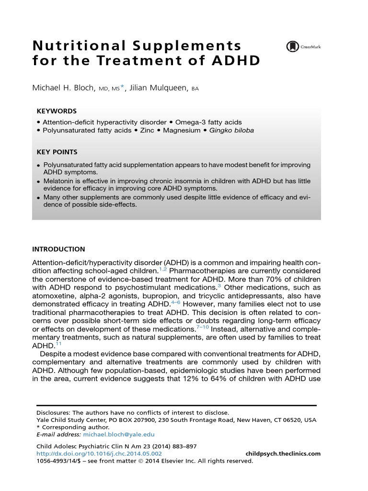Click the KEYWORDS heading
pyautogui.click(x=57, y=111)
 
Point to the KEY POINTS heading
pyautogui.click(x=57, y=152)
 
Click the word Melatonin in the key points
pyautogui.click(x=60, y=181)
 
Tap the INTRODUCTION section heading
pyautogui.click(x=58, y=249)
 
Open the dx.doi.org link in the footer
pyautogui.click(x=99, y=454)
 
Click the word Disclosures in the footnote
pyautogui.click(x=53, y=412)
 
